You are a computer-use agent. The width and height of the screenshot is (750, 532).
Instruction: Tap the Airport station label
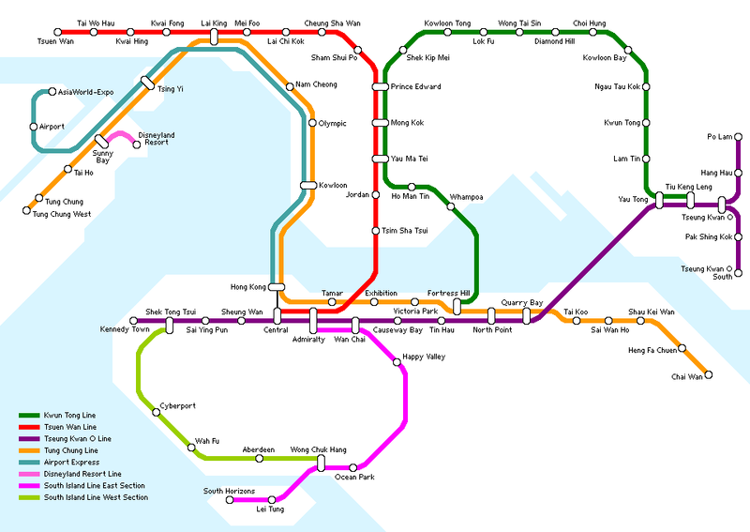click(52, 126)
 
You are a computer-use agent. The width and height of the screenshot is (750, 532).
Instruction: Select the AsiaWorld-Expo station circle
click(52, 92)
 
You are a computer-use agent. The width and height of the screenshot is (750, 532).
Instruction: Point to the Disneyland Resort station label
click(156, 139)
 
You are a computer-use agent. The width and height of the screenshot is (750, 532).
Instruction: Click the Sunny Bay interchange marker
click(101, 142)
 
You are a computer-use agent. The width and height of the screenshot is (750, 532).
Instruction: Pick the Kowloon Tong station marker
click(447, 33)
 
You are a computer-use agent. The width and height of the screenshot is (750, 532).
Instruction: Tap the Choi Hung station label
click(589, 23)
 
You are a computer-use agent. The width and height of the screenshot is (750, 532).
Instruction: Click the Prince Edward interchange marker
click(380, 87)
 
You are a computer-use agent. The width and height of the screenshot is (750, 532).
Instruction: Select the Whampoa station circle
click(451, 206)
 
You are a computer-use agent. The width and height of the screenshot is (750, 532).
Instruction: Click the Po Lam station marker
click(738, 137)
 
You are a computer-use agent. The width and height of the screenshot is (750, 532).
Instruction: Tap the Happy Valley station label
click(418, 357)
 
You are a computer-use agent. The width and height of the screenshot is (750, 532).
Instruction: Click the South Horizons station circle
click(229, 499)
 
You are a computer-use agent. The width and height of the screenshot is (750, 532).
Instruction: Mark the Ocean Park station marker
click(353, 467)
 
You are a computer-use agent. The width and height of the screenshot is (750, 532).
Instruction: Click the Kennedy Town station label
click(125, 330)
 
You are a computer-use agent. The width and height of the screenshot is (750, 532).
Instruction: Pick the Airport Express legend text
click(70, 463)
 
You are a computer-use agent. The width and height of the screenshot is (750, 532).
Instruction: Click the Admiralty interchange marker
click(313, 320)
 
